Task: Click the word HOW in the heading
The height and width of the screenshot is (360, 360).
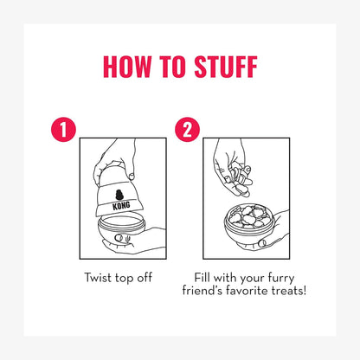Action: click(127, 67)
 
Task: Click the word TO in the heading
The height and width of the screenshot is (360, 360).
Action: click(172, 67)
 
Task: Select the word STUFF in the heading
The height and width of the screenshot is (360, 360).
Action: click(226, 67)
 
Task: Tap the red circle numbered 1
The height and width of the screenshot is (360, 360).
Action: click(63, 130)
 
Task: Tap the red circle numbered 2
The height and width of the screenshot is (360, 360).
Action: click(188, 130)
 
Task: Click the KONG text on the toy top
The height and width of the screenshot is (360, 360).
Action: click(121, 206)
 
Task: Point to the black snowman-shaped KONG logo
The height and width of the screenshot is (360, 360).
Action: click(119, 195)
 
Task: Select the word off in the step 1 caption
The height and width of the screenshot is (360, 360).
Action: click(145, 278)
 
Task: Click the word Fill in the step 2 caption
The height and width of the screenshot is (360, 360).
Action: click(202, 278)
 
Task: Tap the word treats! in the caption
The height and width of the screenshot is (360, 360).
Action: click(288, 290)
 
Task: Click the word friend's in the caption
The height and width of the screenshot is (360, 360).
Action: click(202, 290)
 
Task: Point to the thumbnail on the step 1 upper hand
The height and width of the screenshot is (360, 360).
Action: click(132, 176)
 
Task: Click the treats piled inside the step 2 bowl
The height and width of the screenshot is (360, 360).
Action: click(249, 216)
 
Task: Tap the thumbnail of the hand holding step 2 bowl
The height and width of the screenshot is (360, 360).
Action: click(262, 243)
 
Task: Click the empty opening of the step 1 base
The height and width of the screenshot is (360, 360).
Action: click(121, 222)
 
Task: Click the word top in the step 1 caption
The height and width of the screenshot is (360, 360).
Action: click(125, 279)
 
